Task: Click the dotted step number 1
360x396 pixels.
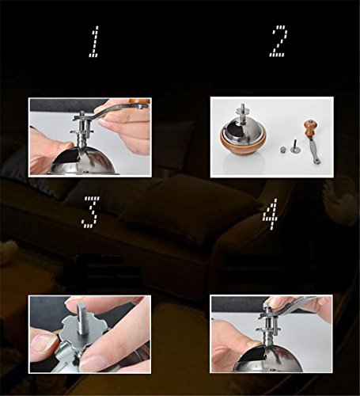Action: tap(93, 41)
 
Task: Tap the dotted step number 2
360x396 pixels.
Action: tap(278, 41)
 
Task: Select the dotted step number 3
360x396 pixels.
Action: tap(90, 212)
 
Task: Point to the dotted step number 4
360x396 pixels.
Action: tap(271, 213)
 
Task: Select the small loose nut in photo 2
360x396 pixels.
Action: tap(282, 150)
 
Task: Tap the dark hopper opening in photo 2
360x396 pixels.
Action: tap(235, 129)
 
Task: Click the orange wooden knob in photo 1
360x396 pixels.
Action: tap(139, 101)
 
